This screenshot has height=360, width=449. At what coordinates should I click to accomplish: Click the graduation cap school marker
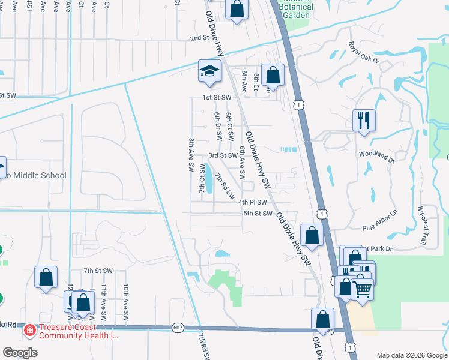point(209,71)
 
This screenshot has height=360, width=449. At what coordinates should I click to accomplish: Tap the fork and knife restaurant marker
point(363,121)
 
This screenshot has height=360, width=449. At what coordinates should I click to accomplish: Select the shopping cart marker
point(361,290)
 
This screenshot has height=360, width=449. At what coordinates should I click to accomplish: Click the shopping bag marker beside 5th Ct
point(273,76)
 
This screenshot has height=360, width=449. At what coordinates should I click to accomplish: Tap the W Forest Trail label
point(425,226)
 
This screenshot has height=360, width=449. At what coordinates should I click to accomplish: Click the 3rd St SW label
point(223,155)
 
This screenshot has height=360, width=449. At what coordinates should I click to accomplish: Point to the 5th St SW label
point(258,213)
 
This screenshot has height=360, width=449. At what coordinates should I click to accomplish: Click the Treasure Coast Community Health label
point(78,331)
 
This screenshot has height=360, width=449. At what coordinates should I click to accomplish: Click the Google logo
point(20,353)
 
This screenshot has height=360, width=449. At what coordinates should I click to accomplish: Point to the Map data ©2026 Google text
point(411,355)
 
